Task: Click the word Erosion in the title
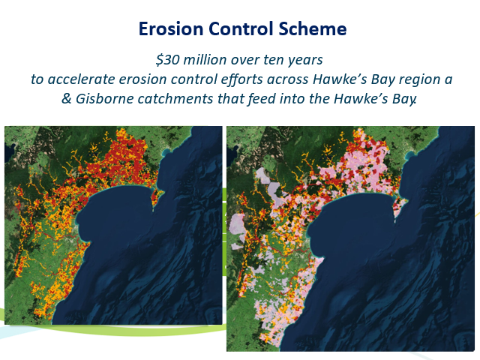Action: click(x=171, y=28)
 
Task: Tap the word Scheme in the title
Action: click(x=313, y=28)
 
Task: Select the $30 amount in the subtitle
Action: click(x=167, y=60)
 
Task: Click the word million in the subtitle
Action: click(x=205, y=59)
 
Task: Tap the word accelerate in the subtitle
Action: click(x=81, y=79)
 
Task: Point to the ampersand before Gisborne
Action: click(x=67, y=98)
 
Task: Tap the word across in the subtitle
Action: click(x=288, y=80)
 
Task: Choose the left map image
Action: click(x=113, y=225)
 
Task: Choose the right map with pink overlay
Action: click(x=350, y=238)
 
